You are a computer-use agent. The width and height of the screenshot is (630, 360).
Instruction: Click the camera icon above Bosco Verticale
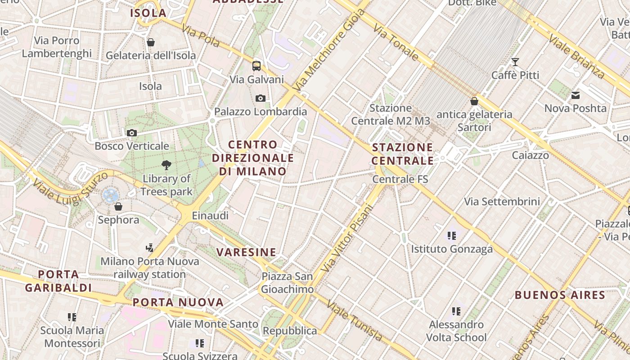pyautogui.click(x=132, y=133)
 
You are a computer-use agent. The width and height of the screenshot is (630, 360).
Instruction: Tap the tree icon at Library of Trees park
pyautogui.click(x=166, y=165)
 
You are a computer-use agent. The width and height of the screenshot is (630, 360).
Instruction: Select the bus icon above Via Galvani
pyautogui.click(x=256, y=66)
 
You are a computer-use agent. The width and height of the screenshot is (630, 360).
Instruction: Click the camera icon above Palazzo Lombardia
pyautogui.click(x=260, y=98)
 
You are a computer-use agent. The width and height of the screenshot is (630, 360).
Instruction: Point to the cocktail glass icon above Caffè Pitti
pyautogui.click(x=515, y=62)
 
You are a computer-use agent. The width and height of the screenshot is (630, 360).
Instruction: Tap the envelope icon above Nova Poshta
pyautogui.click(x=576, y=95)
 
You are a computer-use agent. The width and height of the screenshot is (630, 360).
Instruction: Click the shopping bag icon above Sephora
pyautogui.click(x=118, y=207)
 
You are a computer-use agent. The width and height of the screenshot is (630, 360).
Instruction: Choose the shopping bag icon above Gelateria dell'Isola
pyautogui.click(x=151, y=42)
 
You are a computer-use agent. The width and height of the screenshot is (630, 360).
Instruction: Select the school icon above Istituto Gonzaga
pyautogui.click(x=452, y=235)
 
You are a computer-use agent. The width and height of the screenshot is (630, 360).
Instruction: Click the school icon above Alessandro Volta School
pyautogui.click(x=456, y=311)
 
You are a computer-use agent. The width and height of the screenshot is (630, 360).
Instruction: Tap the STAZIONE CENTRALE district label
pyautogui.click(x=403, y=154)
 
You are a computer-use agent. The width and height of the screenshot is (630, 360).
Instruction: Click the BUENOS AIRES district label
pyautogui.click(x=560, y=295)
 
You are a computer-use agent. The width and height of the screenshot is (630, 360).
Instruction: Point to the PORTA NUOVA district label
pyautogui.click(x=178, y=302)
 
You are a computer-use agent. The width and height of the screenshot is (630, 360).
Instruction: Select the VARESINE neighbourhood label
pyautogui.click(x=246, y=252)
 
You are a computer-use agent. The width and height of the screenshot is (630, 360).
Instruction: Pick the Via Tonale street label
pyautogui.click(x=396, y=43)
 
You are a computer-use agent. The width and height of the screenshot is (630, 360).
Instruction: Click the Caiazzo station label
pyautogui.click(x=530, y=155)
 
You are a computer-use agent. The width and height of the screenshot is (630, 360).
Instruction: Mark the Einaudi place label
pyautogui.click(x=210, y=216)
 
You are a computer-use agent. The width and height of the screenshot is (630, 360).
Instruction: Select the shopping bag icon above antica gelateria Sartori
pyautogui.click(x=474, y=101)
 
